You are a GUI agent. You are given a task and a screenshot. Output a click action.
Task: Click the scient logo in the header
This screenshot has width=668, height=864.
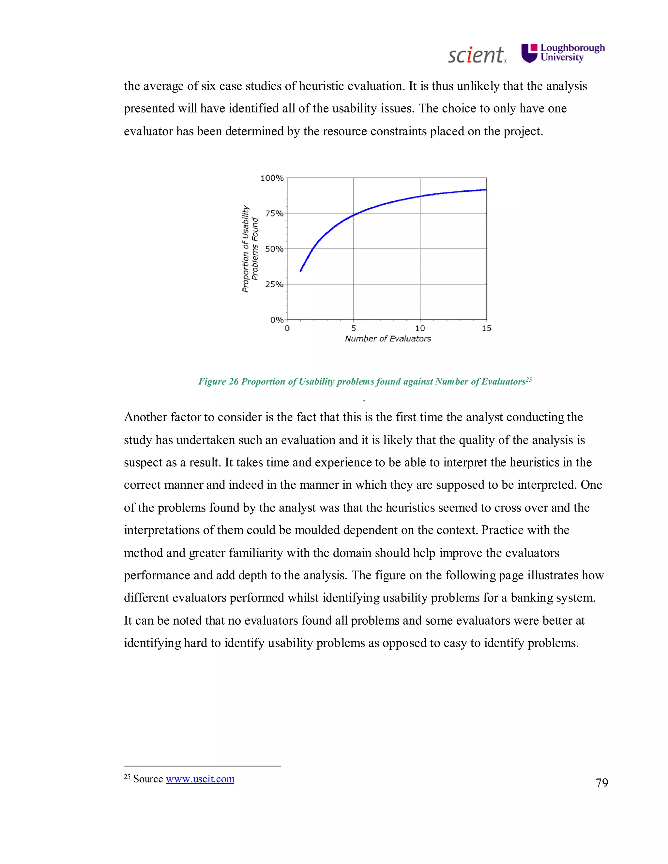point(477,55)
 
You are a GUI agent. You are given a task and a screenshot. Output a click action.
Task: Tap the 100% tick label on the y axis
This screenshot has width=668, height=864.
point(272,178)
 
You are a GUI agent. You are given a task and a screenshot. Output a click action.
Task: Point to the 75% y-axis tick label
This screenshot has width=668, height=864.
point(274,214)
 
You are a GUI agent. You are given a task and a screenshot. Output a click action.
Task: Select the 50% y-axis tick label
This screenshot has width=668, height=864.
point(274,249)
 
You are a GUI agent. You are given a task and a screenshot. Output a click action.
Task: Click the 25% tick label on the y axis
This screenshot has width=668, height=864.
point(274,284)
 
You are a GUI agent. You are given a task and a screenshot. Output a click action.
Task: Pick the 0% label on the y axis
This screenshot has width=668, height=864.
point(277,320)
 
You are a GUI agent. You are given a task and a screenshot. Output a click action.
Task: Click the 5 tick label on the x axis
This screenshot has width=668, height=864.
point(353,328)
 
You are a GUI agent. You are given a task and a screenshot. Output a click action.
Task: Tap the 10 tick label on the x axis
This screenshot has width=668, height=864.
point(420,328)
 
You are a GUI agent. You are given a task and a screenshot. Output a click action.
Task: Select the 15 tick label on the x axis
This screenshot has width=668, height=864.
point(486,328)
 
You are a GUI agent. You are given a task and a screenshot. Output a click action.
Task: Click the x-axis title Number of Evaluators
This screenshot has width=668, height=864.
point(387,339)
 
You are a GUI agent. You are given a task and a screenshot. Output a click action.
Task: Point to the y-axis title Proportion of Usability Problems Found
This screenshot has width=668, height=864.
point(250,249)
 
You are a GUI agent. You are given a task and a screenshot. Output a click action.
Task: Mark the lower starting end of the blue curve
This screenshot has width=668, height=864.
point(301,271)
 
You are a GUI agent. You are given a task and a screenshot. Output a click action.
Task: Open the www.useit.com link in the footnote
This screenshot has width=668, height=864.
point(200,779)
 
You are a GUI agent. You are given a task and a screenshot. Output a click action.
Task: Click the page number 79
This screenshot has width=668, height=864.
point(601,783)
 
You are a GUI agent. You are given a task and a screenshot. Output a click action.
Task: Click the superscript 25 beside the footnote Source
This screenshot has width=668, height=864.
point(127,777)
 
